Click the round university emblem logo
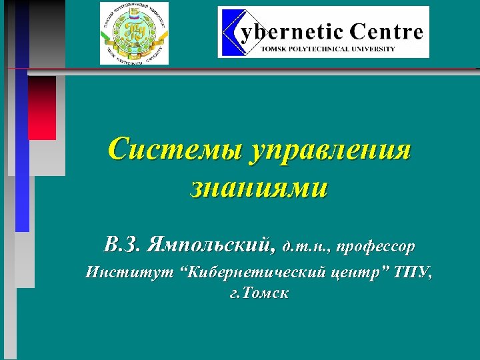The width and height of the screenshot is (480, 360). (134, 33)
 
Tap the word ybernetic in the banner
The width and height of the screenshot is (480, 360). (292, 31)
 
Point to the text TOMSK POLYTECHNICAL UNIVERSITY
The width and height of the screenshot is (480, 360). (327, 49)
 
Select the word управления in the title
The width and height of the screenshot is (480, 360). (331, 149)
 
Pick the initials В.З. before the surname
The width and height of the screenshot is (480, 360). (123, 245)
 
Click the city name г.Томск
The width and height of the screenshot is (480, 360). (259, 293)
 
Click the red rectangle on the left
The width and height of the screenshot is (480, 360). (42, 107)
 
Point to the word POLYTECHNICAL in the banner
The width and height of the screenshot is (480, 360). (320, 49)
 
